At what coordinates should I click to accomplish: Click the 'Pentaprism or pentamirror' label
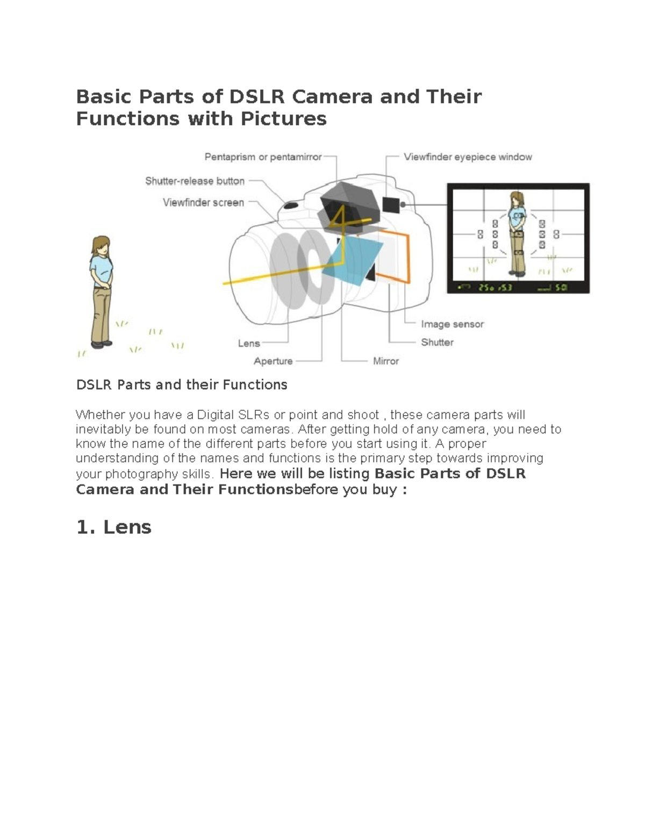pyautogui.click(x=263, y=157)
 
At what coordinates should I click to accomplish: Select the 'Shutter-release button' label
pyautogui.click(x=195, y=181)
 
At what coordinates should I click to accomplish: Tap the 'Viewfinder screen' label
pyautogui.click(x=203, y=203)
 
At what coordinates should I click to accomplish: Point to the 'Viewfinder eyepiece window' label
pyautogui.click(x=468, y=157)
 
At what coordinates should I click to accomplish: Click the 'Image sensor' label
pyautogui.click(x=452, y=324)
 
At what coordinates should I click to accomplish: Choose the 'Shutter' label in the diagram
pyautogui.click(x=437, y=342)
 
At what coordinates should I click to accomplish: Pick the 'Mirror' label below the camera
pyautogui.click(x=386, y=361)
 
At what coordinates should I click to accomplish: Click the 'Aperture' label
pyautogui.click(x=273, y=361)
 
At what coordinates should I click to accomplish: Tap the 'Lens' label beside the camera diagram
pyautogui.click(x=249, y=344)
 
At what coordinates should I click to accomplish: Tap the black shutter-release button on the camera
pyautogui.click(x=291, y=205)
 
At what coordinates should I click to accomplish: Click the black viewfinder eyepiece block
pyautogui.click(x=391, y=204)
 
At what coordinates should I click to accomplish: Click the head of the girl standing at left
pyautogui.click(x=101, y=246)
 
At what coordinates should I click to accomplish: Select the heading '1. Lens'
pyautogui.click(x=114, y=527)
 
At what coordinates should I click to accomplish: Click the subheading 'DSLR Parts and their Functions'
pyautogui.click(x=182, y=385)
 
